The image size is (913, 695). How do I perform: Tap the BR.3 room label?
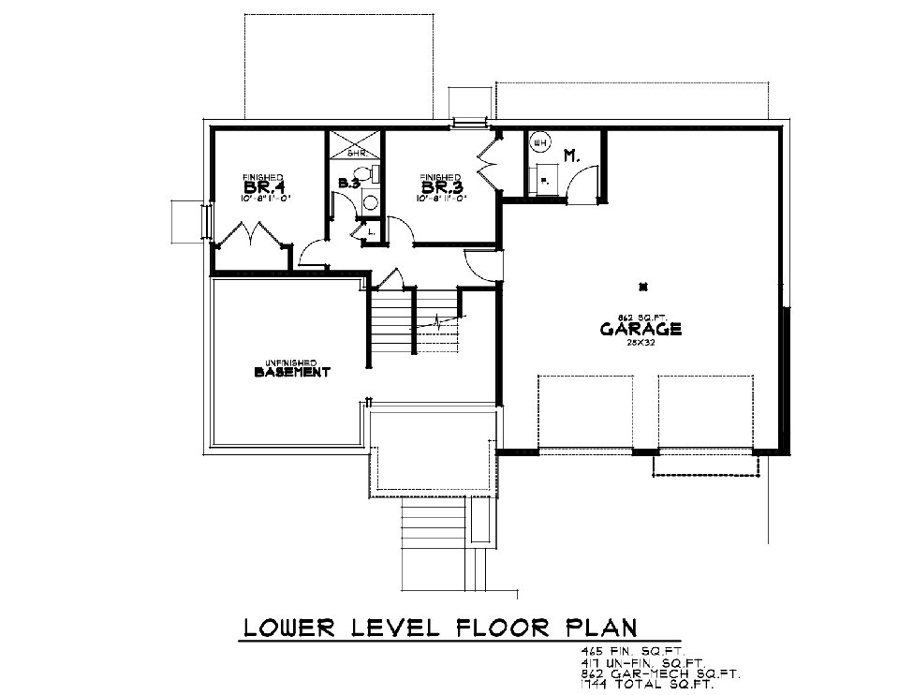pos(439,186)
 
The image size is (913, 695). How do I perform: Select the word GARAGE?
pos(641,330)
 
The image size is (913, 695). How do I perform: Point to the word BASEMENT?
pos(292,373)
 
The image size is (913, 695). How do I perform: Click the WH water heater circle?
pos(539,143)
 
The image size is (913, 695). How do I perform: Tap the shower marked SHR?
pos(355,144)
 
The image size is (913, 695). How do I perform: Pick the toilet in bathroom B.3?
pos(372,173)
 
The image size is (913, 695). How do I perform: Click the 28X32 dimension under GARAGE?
pos(641,344)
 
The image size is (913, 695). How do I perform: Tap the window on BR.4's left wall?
pos(208,222)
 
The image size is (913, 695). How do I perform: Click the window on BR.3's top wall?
pos(468,121)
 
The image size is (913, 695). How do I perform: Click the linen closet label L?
pos(372,229)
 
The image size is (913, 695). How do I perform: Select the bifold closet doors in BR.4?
pos(250,235)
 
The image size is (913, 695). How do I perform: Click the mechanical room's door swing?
pos(582,182)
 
